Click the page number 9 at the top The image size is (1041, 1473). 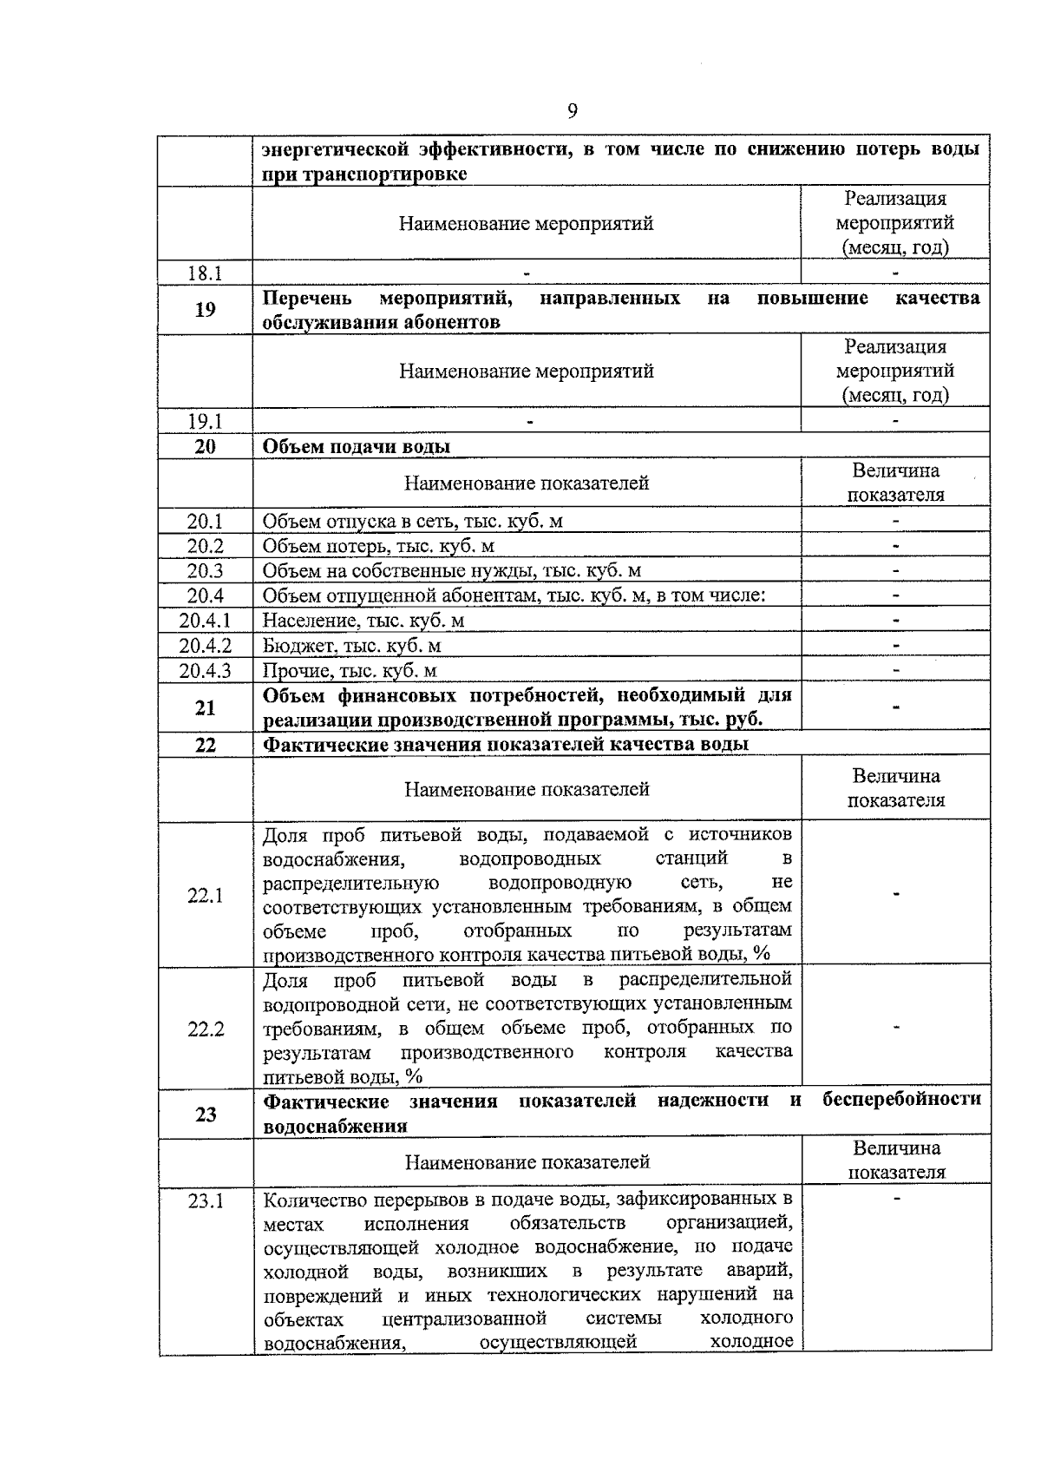(573, 110)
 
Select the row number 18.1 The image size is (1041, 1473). (206, 273)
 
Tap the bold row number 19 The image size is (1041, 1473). (206, 309)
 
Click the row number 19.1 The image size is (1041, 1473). (206, 422)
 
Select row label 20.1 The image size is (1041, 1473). (206, 522)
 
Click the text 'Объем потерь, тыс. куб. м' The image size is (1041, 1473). (378, 546)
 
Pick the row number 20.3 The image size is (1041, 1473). (206, 570)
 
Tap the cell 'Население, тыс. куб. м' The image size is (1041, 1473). (363, 621)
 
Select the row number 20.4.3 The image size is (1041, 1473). (206, 670)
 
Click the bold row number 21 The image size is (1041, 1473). (206, 707)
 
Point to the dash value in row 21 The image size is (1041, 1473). (896, 707)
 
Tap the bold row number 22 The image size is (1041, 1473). (206, 745)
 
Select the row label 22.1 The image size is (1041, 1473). (206, 895)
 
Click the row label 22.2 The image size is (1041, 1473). (206, 1029)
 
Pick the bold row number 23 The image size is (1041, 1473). (206, 1114)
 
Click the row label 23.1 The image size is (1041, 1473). (206, 1201)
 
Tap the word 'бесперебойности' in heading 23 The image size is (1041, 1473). (901, 1100)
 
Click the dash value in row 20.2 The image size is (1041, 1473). (896, 546)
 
